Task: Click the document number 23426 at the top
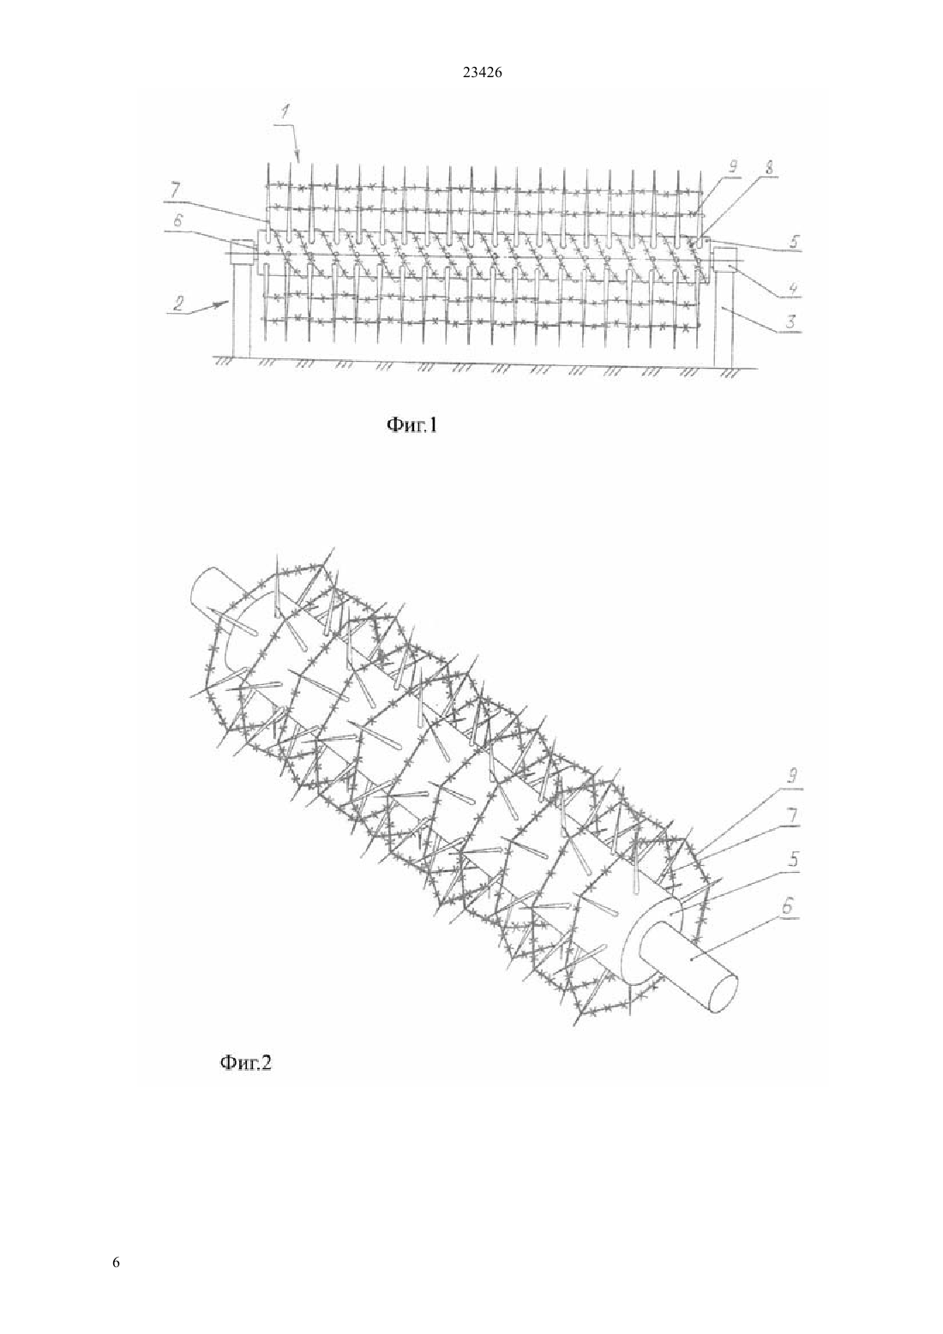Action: (482, 72)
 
